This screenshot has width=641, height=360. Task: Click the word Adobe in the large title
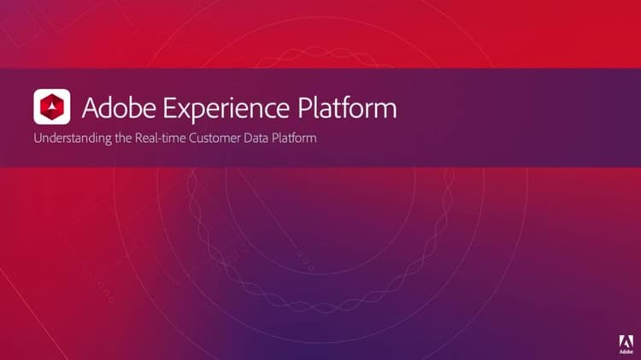[119, 108]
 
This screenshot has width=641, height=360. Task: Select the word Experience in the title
[226, 109]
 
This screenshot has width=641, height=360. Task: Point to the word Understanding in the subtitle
[73, 139]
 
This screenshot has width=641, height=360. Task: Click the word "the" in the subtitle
[123, 138]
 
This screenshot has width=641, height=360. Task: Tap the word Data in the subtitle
[256, 138]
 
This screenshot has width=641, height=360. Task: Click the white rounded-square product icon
[52, 107]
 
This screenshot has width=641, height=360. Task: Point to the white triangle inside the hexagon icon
[52, 107]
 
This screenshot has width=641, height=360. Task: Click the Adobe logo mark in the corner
[626, 341]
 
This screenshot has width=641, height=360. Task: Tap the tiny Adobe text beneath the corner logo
[626, 351]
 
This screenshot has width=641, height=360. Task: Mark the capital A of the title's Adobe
[91, 109]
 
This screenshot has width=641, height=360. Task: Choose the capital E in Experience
[169, 109]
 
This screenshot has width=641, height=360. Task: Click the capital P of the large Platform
[304, 109]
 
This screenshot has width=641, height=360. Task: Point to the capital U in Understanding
[38, 138]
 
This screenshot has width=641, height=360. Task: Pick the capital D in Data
[248, 138]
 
